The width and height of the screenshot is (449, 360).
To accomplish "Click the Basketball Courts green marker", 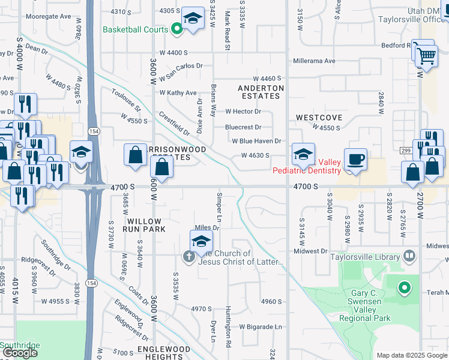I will coord(176,28).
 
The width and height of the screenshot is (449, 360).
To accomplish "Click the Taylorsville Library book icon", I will coord(409,257).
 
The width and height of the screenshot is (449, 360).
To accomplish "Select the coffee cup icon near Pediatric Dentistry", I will coord(356,160).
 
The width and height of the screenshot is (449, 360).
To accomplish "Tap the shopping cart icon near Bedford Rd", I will coord(426,56).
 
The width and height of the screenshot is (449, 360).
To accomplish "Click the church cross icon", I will coord(188,257).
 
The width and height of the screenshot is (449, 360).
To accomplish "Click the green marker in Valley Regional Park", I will coord(405,288).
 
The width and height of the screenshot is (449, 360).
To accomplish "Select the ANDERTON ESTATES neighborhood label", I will coord(261,92).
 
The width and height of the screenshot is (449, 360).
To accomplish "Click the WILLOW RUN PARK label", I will coord(144,225).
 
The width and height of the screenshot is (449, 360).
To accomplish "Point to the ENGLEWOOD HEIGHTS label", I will coord(164,353).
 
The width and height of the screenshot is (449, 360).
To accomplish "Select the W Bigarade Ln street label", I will coord(261,327).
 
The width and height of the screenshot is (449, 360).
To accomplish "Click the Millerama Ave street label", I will coord(314,61).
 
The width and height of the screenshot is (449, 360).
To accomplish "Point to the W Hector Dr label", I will coord(243,111).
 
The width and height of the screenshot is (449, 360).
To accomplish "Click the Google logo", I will coord(20,353).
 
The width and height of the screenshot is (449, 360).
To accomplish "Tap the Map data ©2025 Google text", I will coord(411,355).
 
